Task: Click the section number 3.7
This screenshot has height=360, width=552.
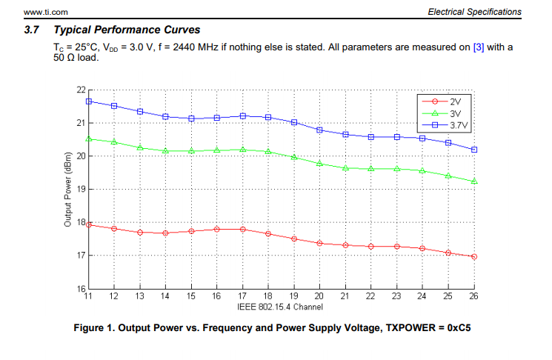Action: (31, 30)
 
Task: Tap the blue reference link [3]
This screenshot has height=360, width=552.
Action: (479, 47)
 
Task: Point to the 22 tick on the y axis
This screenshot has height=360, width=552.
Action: (81, 90)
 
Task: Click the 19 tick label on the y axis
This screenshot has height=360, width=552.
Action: (81, 189)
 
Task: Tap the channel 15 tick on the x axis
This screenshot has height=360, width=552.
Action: (190, 296)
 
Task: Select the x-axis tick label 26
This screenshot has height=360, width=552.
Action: (473, 296)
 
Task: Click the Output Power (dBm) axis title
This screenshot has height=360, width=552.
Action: (67, 189)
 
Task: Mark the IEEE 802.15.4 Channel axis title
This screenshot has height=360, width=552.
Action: (280, 306)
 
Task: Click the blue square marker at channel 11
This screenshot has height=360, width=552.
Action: (88, 101)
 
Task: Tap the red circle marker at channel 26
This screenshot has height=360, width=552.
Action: (473, 256)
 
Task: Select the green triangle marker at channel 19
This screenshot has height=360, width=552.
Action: (293, 157)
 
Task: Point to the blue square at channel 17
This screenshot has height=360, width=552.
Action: (242, 116)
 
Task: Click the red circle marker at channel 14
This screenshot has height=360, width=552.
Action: (165, 233)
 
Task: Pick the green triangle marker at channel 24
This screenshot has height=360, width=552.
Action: (422, 170)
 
